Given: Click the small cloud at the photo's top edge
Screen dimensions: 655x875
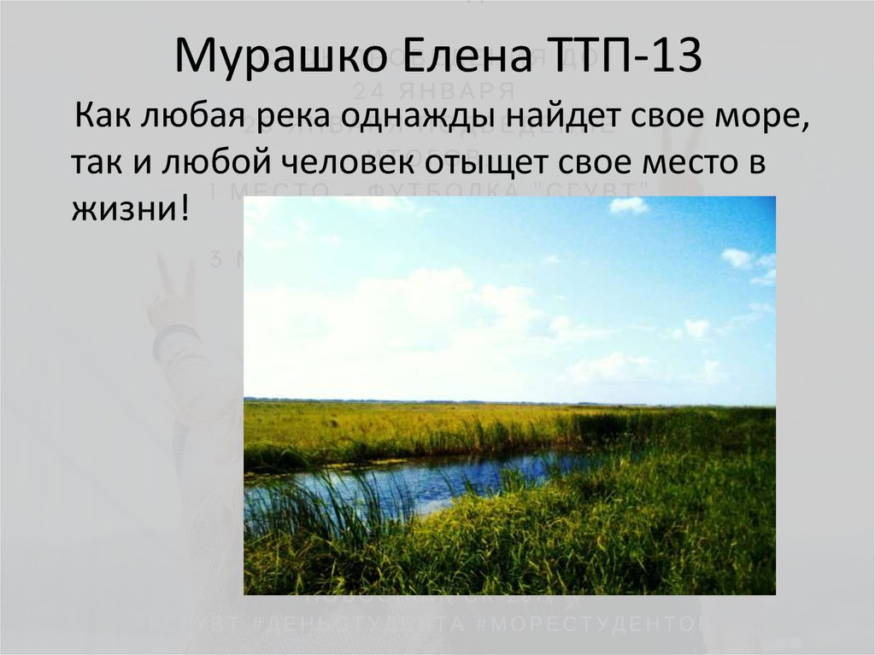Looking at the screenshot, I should [628, 206].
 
